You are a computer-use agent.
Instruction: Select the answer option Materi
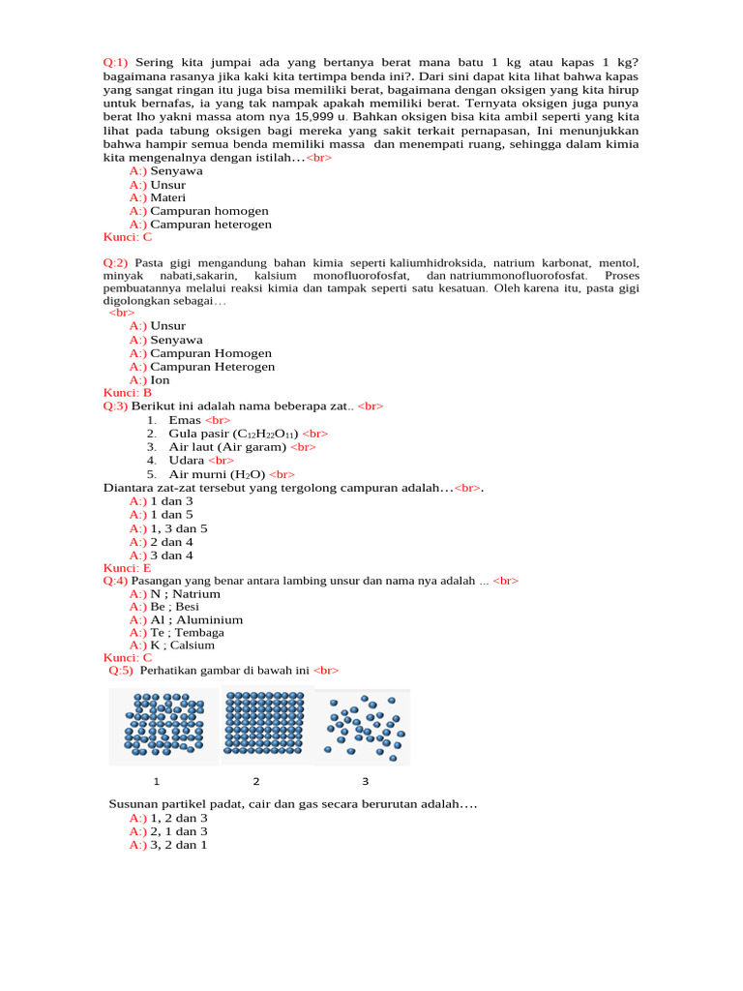(168, 197)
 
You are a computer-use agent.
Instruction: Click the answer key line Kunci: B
(128, 393)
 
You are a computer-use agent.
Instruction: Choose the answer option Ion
(160, 380)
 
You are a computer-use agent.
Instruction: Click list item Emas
(185, 420)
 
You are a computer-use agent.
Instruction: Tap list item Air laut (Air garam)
(227, 447)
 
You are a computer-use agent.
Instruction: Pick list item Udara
(187, 461)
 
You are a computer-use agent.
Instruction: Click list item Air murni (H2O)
(217, 474)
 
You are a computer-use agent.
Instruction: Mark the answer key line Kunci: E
(128, 568)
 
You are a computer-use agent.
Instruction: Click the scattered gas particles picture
(365, 723)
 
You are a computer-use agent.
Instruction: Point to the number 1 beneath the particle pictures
(156, 780)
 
